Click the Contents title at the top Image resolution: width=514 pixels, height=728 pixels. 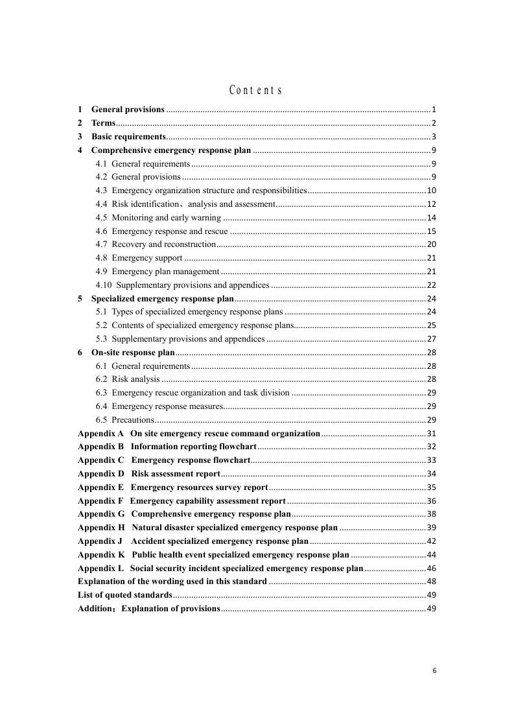[x=255, y=90]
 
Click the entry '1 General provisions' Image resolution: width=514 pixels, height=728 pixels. [x=127, y=109]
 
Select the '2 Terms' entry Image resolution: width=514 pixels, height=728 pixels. [x=103, y=123]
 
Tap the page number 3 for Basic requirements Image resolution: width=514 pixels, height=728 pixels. [x=434, y=137]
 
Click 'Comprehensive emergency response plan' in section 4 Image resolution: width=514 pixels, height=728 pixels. [x=170, y=150]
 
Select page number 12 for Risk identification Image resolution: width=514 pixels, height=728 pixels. [x=431, y=204]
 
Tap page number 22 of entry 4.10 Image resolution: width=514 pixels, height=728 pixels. [x=431, y=285]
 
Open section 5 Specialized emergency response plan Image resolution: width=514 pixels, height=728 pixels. [x=162, y=299]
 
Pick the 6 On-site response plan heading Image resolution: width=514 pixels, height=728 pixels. [x=133, y=353]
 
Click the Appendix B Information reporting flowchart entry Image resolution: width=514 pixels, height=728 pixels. [x=167, y=447]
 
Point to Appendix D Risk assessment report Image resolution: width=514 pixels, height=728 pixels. [x=148, y=474]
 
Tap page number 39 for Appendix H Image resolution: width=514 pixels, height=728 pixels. [x=431, y=528]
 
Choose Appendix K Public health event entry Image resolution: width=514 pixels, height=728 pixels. [x=213, y=555]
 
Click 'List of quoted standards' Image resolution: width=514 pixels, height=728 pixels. [x=125, y=595]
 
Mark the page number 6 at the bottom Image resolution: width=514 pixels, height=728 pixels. [x=434, y=671]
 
